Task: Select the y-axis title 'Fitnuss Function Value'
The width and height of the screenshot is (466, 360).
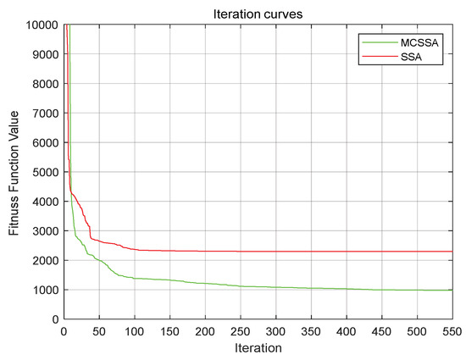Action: (x=14, y=172)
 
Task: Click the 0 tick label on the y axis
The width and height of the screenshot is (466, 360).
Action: (x=53, y=319)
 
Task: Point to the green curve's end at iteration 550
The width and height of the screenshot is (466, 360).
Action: (x=451, y=291)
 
